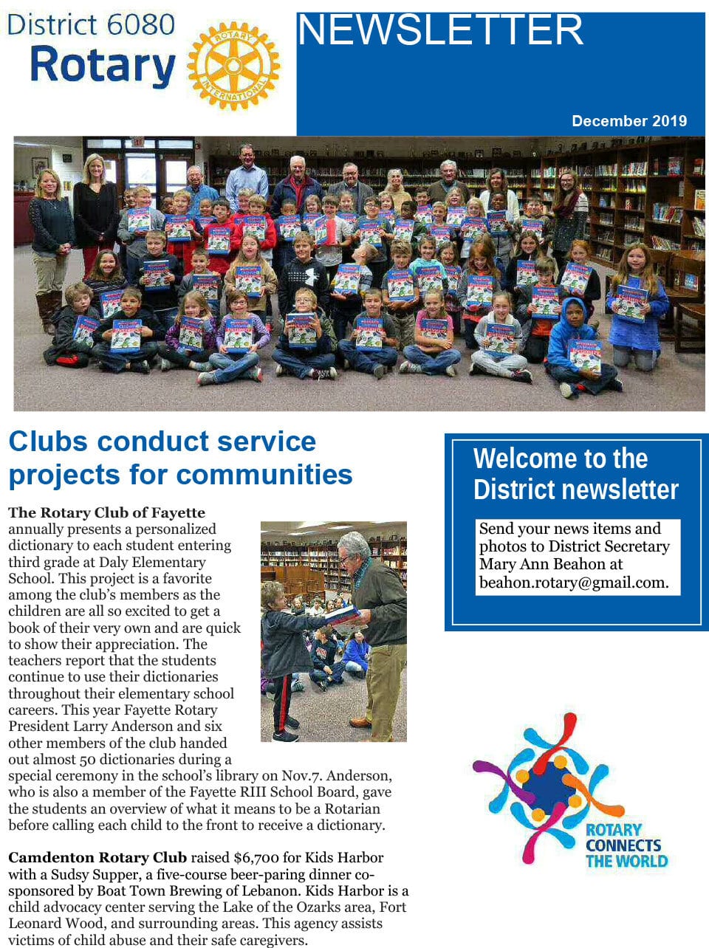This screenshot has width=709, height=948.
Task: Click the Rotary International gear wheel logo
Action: click(233, 66)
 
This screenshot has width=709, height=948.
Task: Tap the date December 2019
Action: click(628, 121)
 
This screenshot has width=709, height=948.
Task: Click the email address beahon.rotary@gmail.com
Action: click(574, 582)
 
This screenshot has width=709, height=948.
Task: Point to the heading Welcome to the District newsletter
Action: click(575, 473)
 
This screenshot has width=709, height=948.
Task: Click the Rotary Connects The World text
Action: click(626, 845)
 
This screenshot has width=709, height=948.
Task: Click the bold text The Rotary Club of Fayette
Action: click(106, 512)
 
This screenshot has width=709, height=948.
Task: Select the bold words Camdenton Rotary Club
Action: click(97, 857)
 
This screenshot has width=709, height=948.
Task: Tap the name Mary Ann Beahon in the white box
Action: click(541, 564)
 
